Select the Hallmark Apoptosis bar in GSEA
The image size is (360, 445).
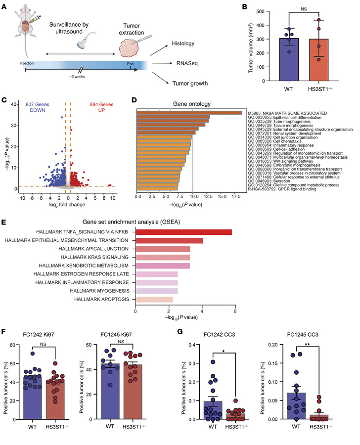[154, 300]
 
